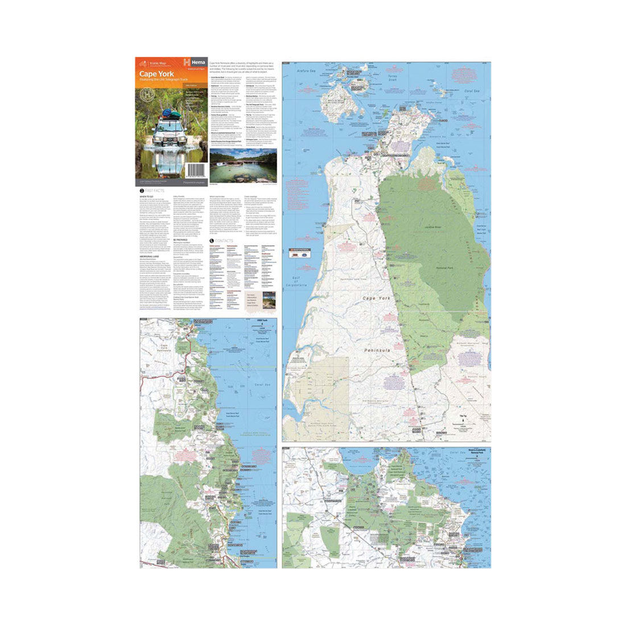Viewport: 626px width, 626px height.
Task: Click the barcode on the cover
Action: pos(196,169)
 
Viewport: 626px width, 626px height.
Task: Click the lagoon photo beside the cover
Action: pos(243,165)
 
